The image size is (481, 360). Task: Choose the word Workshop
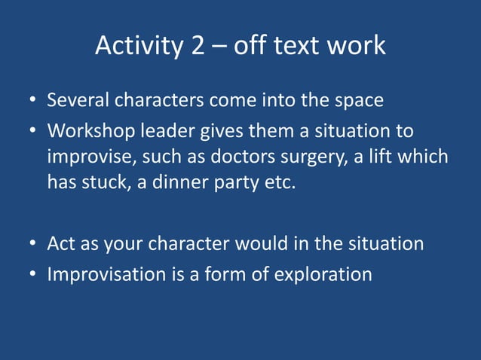point(89,131)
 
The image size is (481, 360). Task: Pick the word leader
point(166,131)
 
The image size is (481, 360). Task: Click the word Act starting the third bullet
point(60,244)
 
